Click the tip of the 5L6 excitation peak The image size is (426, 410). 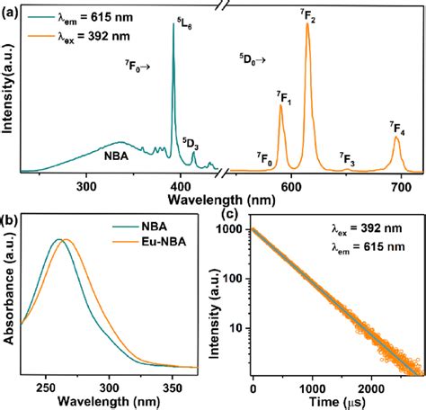[173, 24]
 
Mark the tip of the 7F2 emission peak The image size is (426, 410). [308, 24]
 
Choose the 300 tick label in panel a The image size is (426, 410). [86, 186]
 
